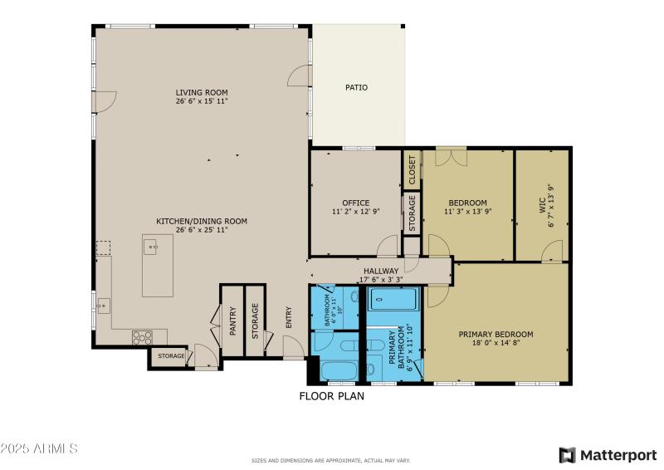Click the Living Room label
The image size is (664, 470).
(x=201, y=92)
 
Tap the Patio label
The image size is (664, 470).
(x=356, y=87)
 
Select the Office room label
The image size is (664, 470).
(x=355, y=203)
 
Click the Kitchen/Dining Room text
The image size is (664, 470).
(x=202, y=221)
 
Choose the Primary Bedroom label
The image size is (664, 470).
(x=496, y=335)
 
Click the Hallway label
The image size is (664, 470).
(x=381, y=271)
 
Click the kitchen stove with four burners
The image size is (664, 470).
(x=142, y=336)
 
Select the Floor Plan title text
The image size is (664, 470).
(x=331, y=396)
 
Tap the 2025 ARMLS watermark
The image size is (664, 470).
(x=39, y=448)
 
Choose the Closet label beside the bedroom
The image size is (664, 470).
(x=412, y=170)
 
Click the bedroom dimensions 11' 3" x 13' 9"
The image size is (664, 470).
(x=467, y=212)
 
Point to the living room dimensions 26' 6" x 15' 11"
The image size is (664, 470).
(x=201, y=101)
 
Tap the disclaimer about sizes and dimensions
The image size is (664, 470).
(x=331, y=460)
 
